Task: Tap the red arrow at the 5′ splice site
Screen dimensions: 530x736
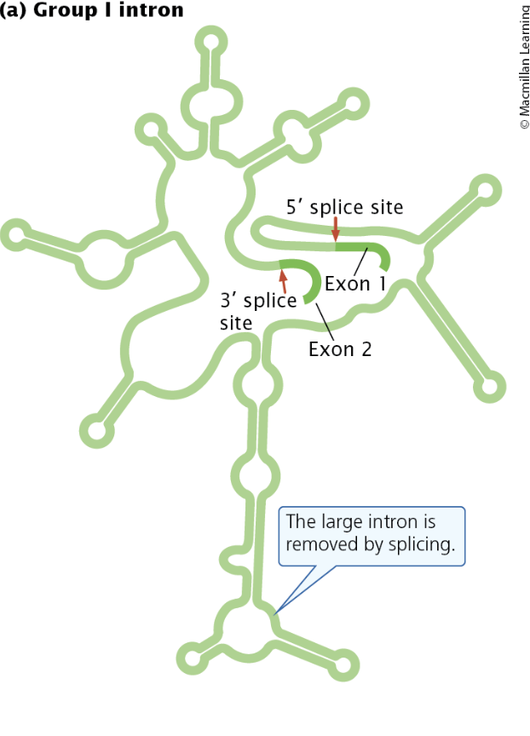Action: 336,227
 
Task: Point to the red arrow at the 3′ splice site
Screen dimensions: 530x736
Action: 282,280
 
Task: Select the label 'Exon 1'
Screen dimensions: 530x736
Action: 354,283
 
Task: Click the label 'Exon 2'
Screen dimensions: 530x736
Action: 340,348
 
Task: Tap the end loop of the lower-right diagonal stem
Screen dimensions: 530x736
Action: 489,388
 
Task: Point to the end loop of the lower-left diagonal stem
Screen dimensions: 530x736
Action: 96,431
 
